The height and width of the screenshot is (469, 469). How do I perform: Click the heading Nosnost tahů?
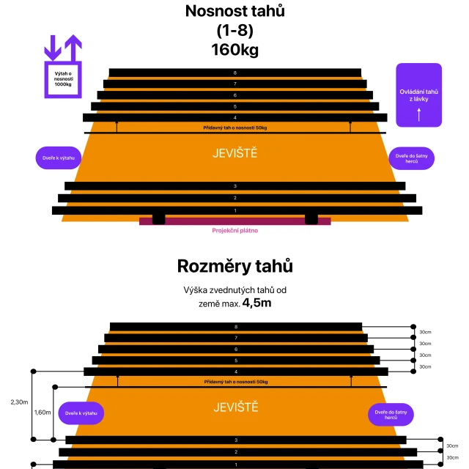234,12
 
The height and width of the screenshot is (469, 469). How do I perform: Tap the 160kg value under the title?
234,50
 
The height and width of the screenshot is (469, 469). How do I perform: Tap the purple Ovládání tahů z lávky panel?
419,95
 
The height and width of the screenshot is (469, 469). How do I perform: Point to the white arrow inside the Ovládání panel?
419,114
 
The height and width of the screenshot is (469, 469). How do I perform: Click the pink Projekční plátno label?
234,230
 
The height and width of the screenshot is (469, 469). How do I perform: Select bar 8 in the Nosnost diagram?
234,73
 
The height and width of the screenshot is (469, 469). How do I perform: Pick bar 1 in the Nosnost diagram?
234,210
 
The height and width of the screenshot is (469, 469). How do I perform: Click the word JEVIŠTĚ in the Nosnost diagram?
234,153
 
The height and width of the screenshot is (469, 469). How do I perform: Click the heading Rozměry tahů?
234,265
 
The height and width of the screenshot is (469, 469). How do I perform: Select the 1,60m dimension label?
43,412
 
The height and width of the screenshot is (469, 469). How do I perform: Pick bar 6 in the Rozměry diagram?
235,350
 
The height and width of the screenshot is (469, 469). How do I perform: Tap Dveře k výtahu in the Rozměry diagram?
81,413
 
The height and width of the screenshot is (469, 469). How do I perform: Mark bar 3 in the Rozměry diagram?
235,440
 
